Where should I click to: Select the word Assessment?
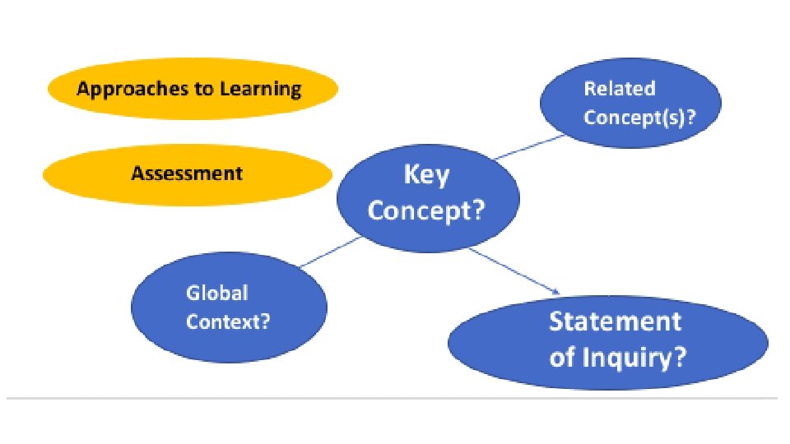pyautogui.click(x=187, y=173)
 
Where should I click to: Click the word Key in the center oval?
pyautogui.click(x=426, y=175)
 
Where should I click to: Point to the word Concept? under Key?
pyautogui.click(x=426, y=210)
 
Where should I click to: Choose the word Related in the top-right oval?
pyautogui.click(x=619, y=89)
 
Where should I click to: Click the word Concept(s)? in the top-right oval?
pyautogui.click(x=639, y=117)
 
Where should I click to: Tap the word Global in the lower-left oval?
pyautogui.click(x=216, y=293)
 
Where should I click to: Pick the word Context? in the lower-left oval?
pyautogui.click(x=227, y=321)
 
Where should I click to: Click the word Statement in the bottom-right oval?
pyautogui.click(x=615, y=321)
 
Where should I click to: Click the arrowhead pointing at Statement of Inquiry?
pyautogui.click(x=556, y=291)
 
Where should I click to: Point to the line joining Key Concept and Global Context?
pyautogui.click(x=329, y=252)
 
